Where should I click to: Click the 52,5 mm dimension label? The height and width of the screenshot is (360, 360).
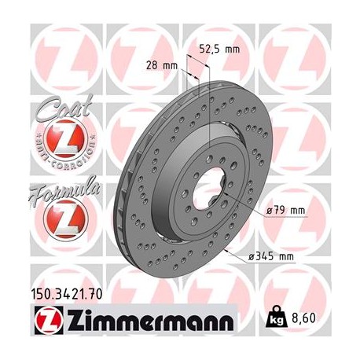pos(219,48)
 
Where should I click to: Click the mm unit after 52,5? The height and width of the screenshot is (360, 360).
pos(231,48)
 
